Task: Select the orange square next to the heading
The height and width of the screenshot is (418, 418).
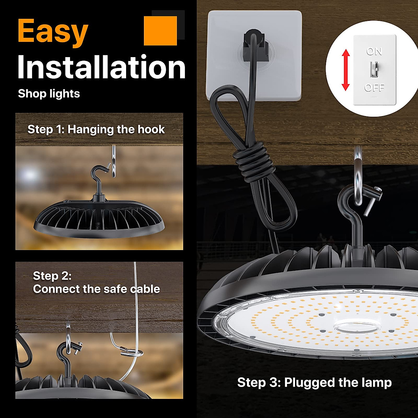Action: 160,30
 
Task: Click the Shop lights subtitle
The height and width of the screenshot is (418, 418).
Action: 49,94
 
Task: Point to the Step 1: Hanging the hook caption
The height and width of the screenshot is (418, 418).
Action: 96,129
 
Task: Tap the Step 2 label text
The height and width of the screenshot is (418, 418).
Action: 52,276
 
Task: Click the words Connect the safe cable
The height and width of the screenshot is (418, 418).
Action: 96,289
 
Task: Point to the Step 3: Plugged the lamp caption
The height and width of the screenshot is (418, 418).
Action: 314,382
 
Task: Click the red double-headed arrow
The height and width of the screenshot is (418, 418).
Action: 346,70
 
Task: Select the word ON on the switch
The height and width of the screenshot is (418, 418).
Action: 374,52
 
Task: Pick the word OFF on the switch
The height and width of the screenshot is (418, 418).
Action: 374,87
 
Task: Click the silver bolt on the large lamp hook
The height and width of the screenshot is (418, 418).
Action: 373,200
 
